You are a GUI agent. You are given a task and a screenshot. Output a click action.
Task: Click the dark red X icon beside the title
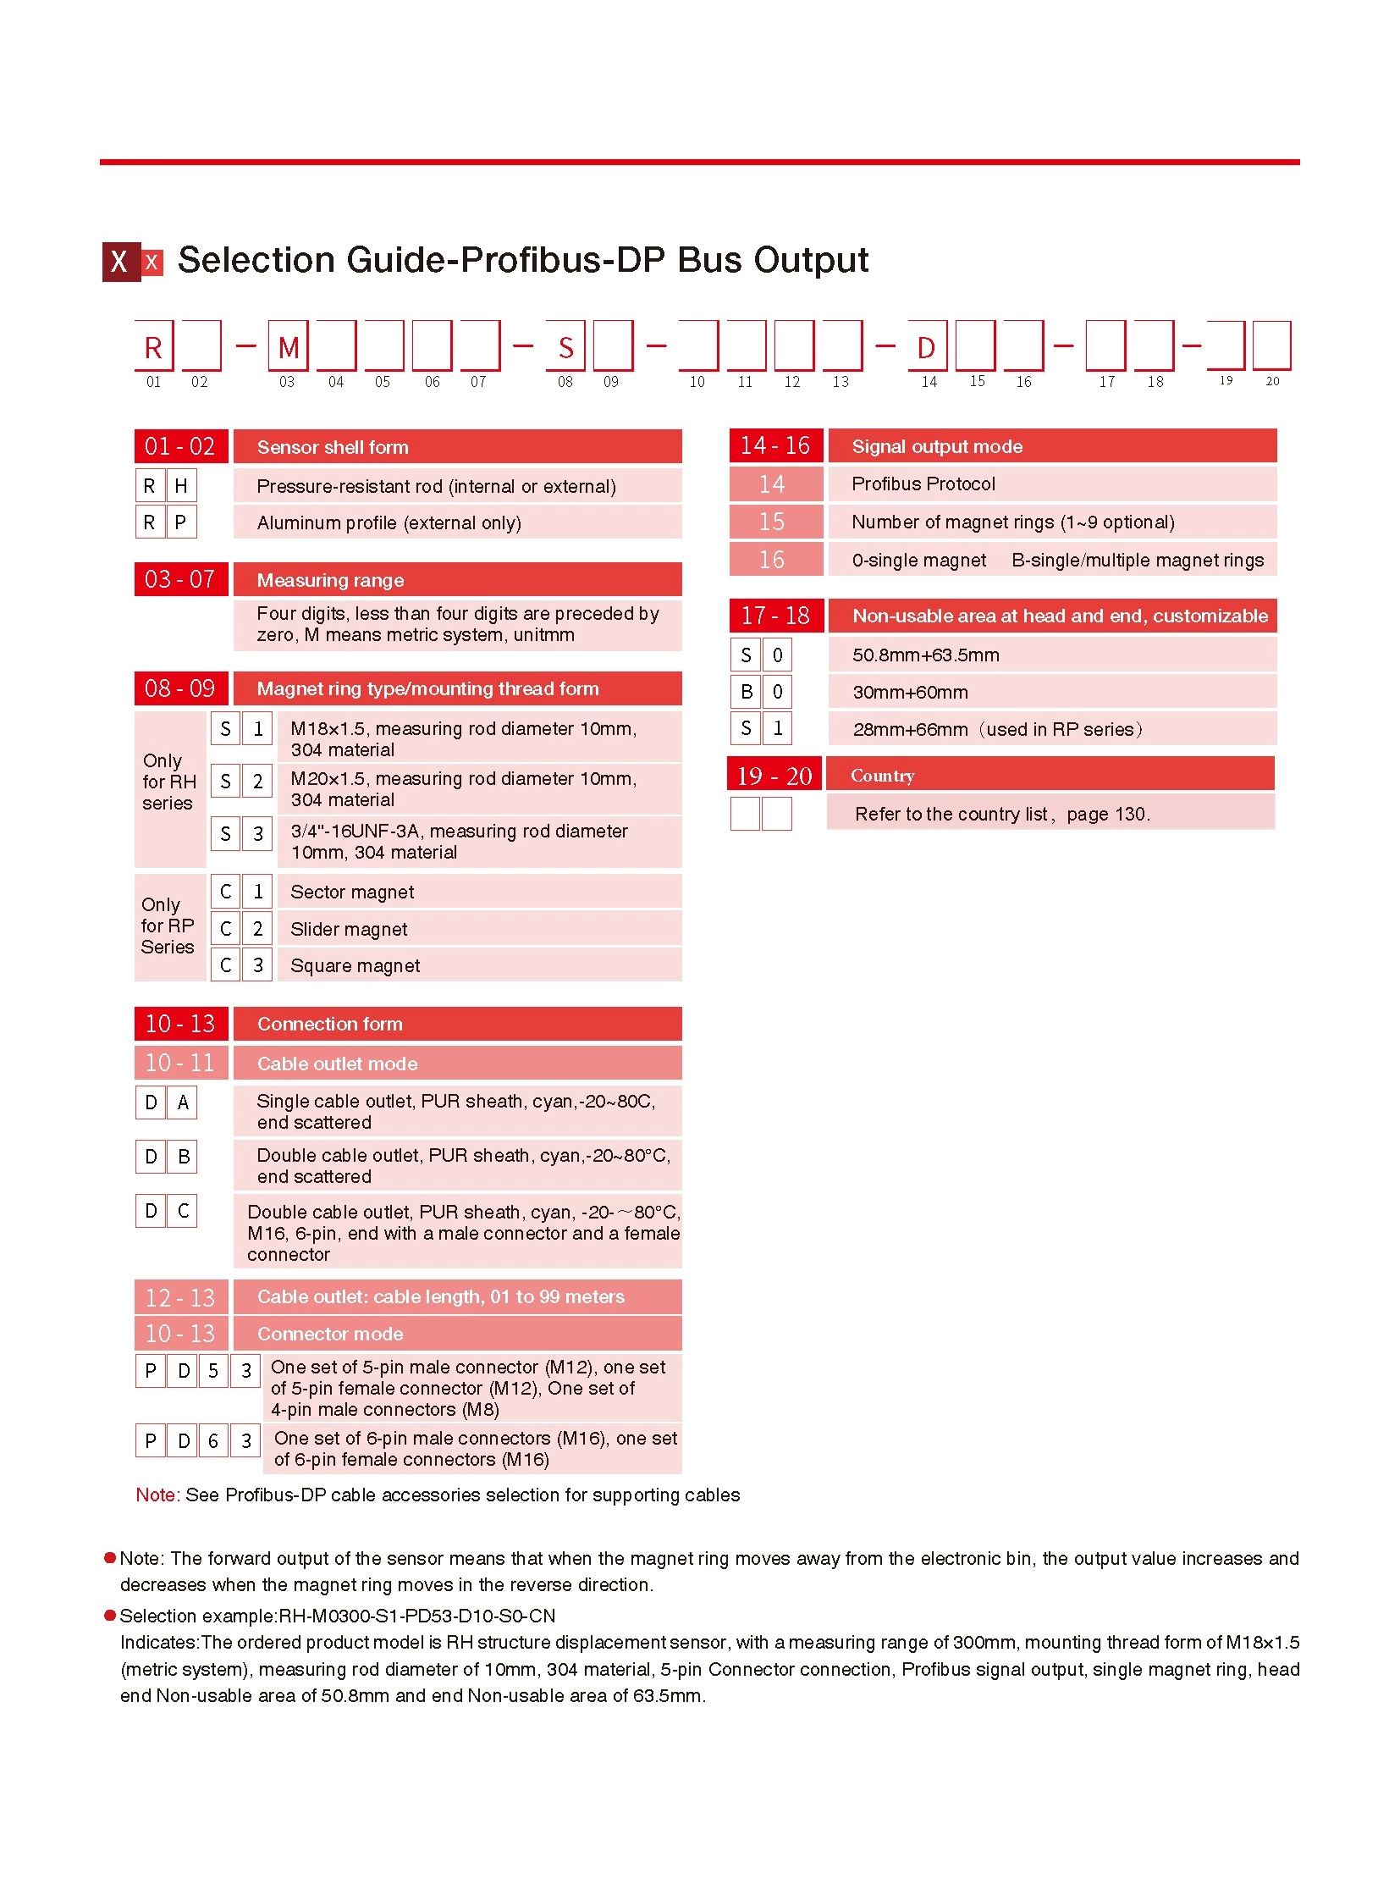121,261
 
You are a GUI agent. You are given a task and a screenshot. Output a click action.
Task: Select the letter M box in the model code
288,346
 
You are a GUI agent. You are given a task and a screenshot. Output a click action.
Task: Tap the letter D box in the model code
926,346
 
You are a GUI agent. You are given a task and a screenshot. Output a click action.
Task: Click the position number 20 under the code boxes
1271,382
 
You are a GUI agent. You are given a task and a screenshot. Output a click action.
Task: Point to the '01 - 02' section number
180,447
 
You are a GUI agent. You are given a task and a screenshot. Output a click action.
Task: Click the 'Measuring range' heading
330,580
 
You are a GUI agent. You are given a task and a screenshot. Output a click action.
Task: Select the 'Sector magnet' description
353,892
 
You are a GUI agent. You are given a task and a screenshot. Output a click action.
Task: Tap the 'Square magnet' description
356,966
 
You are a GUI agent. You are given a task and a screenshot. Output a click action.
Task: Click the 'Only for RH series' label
168,781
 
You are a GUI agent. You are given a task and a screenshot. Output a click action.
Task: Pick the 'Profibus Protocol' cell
923,484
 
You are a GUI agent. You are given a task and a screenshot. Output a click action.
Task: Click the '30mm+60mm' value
910,692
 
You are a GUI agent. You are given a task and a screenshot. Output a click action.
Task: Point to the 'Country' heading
882,776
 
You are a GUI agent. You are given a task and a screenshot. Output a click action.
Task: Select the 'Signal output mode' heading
936,447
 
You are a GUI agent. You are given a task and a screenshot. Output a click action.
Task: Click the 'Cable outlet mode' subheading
337,1064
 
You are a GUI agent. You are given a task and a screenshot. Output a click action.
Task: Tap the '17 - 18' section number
775,616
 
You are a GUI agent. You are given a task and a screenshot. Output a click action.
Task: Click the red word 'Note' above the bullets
155,1495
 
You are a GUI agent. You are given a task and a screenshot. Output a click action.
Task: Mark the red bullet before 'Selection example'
110,1616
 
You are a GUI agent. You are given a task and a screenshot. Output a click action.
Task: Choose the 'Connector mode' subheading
330,1334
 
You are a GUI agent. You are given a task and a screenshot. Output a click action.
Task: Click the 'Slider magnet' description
349,929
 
